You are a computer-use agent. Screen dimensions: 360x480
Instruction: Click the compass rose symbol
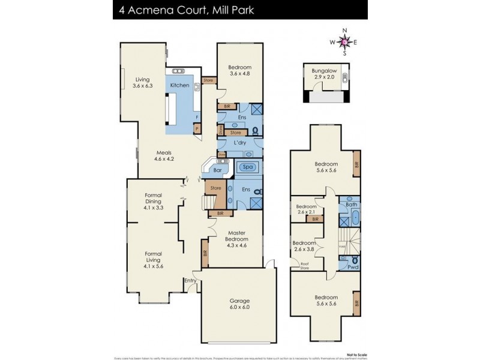pyautogui.click(x=344, y=41)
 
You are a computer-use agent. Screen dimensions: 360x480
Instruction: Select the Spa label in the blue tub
pyautogui.click(x=248, y=166)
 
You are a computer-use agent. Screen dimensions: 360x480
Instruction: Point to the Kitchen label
pyautogui.click(x=179, y=85)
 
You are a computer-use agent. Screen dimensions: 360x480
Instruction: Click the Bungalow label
pyautogui.click(x=324, y=71)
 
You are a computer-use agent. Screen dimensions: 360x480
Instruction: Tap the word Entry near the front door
pyautogui.click(x=190, y=280)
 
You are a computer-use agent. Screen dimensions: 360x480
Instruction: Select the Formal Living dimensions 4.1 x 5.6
pyautogui.click(x=154, y=266)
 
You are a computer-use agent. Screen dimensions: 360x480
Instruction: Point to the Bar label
pyautogui.click(x=218, y=170)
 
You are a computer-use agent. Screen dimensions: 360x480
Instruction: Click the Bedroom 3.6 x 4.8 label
pyautogui.click(x=239, y=70)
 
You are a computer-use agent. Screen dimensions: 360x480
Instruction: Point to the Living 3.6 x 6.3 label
pyautogui.click(x=142, y=82)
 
